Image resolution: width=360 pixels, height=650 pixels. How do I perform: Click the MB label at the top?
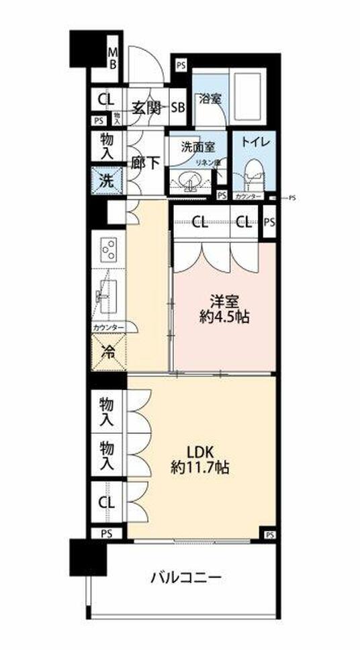[113, 58]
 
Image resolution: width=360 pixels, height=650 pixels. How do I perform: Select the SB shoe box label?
[179, 106]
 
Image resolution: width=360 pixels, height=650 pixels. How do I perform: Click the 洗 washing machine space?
[107, 181]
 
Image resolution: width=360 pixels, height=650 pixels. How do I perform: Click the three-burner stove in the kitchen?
[108, 251]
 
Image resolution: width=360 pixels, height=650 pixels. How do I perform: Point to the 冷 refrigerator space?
[107, 351]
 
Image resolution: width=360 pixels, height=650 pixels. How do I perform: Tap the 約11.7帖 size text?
[199, 467]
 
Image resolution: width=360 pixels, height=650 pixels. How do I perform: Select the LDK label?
[199, 449]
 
